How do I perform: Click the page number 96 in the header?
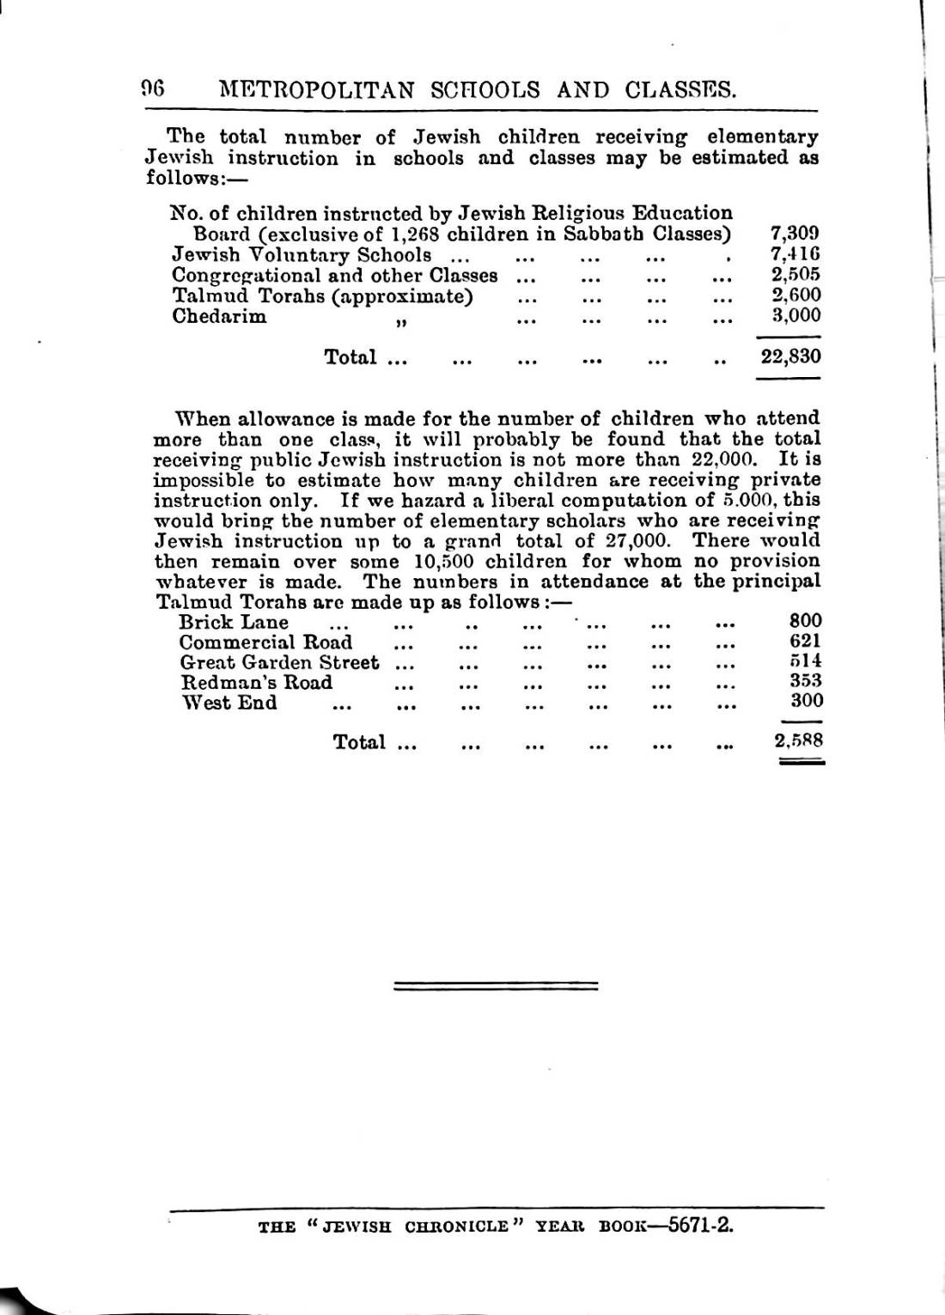pos(153,89)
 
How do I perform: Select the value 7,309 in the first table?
pos(796,234)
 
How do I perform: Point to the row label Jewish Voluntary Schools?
pos(302,255)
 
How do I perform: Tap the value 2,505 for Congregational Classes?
pos(796,275)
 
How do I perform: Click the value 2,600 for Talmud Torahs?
pos(796,295)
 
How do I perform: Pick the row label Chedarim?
pos(219,316)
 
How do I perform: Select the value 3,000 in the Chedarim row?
pos(796,315)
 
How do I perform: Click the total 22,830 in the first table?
pos(790,356)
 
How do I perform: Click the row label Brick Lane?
pos(234,622)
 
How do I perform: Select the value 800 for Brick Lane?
pos(805,621)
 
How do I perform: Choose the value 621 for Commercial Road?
pos(805,641)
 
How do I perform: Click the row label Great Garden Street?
pos(279,662)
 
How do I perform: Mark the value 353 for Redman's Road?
pos(805,681)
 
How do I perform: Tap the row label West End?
pos(230,703)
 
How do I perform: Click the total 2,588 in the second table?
pos(799,740)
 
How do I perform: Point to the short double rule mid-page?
pos(496,986)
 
